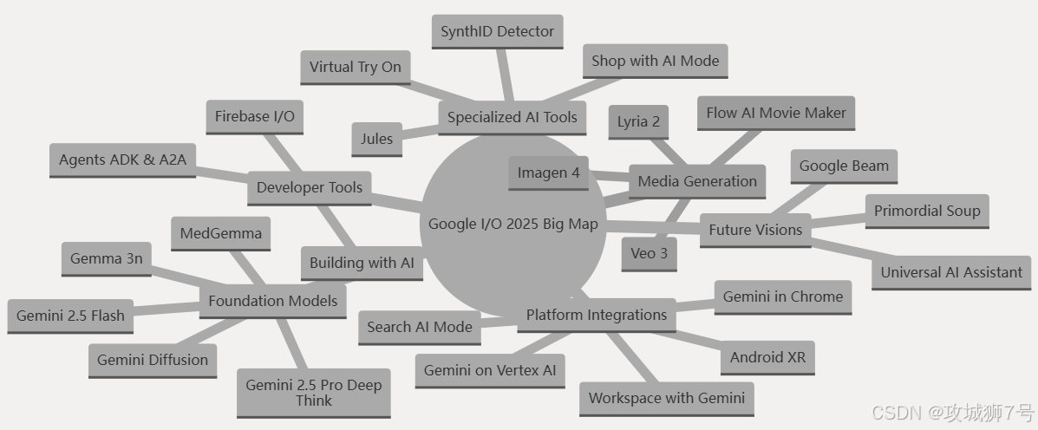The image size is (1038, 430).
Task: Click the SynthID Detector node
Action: [497, 31]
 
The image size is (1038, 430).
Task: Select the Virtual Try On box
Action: [355, 67]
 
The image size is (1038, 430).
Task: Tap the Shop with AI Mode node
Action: [655, 61]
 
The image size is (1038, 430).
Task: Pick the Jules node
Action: [376, 139]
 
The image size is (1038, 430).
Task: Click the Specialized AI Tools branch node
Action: [512, 117]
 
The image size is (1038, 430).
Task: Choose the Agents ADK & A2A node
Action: [122, 160]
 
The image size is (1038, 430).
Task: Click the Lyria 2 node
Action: [638, 121]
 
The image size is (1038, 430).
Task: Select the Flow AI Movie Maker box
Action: [776, 113]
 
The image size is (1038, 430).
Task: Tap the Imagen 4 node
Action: [548, 173]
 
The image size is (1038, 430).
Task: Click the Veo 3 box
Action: [649, 253]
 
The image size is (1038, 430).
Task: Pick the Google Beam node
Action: [844, 166]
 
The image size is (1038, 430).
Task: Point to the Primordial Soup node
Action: [926, 211]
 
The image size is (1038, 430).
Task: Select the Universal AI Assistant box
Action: [951, 272]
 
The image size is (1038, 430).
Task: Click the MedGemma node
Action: [220, 233]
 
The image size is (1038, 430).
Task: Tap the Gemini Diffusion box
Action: [153, 360]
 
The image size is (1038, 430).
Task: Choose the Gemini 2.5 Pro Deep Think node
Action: [313, 393]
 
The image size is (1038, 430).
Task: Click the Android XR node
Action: [767, 357]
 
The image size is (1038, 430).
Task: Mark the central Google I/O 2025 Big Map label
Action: [512, 224]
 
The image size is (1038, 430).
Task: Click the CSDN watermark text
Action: [952, 411]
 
